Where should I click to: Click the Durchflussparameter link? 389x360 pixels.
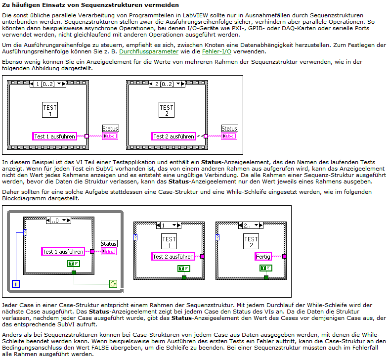[149, 51]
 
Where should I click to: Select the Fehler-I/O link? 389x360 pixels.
[216, 51]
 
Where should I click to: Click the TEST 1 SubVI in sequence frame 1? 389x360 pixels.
[50, 110]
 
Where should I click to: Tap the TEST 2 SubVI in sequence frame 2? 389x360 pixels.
[167, 110]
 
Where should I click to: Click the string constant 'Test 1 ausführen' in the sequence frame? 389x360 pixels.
[54, 136]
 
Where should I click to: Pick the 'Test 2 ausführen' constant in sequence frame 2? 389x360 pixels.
[173, 136]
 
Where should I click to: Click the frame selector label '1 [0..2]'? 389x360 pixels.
[45, 84]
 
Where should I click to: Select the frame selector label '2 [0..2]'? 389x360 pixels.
[164, 84]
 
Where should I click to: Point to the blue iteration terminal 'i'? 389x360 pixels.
[16, 284]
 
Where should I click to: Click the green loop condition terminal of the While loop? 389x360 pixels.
[113, 284]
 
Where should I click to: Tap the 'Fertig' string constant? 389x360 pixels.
[263, 257]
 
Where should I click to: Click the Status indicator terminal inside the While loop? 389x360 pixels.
[109, 251]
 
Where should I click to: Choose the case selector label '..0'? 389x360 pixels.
[56, 221]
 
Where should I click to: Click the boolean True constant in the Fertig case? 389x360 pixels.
[266, 268]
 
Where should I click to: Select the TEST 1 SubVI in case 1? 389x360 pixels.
[169, 241]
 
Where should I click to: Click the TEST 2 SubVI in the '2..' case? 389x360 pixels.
[251, 241]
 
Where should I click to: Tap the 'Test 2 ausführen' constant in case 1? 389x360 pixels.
[173, 257]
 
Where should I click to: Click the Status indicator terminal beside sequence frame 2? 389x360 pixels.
[229, 136]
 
